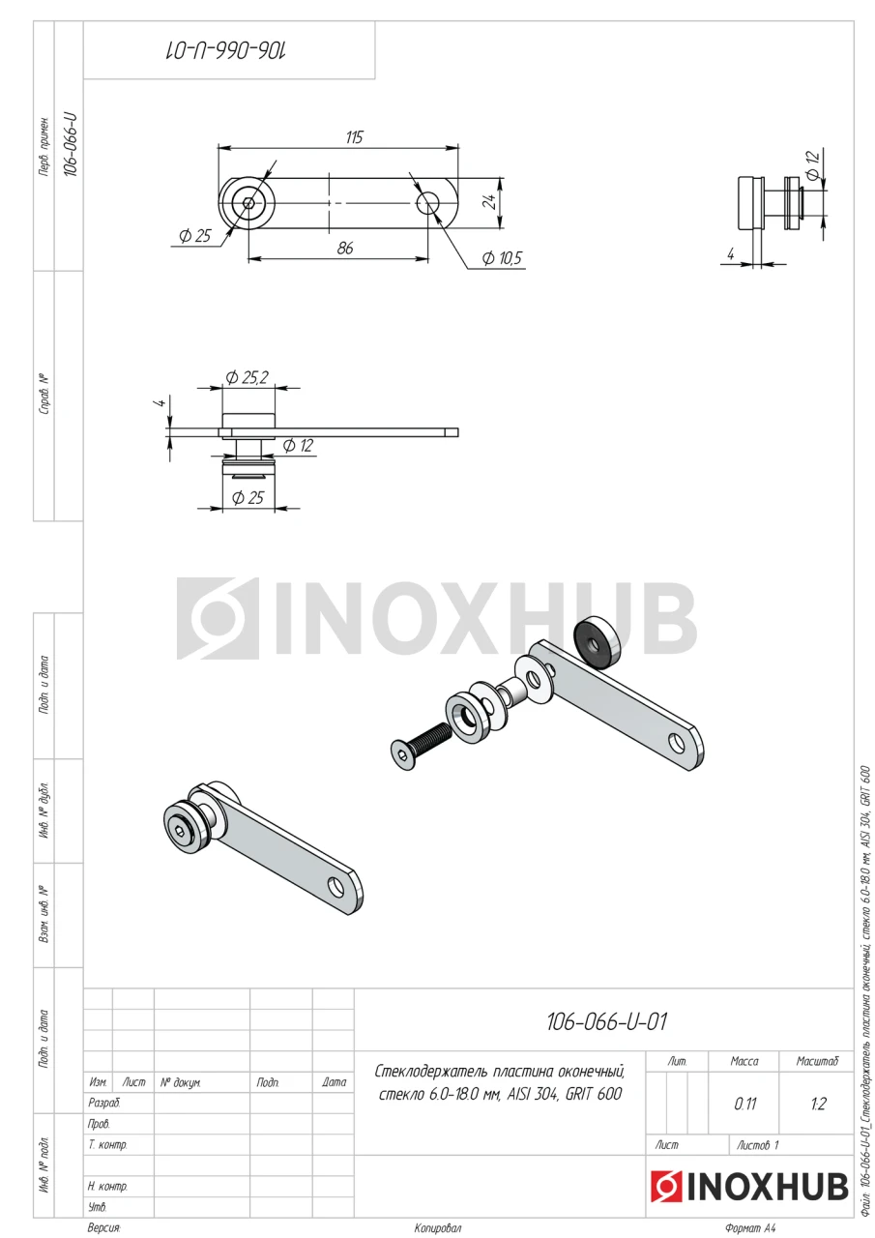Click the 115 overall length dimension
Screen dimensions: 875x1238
click(354, 137)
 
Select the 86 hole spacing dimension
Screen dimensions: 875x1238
click(345, 249)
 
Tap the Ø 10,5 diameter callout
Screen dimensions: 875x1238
click(502, 258)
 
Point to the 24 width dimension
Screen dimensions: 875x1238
click(489, 202)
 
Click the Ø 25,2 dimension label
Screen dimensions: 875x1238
click(247, 377)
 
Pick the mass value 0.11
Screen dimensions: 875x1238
click(744, 1104)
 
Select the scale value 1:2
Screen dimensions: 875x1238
click(818, 1104)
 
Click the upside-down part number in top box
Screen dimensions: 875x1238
click(226, 51)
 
